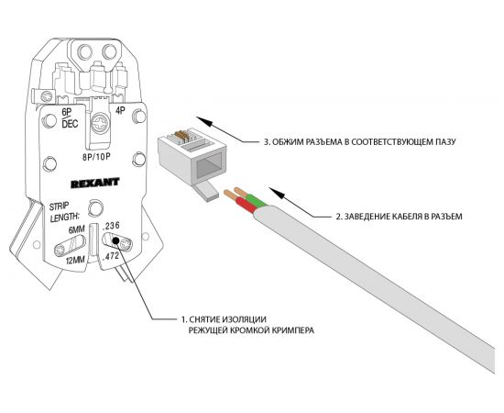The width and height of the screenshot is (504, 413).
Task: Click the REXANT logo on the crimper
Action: coord(94,183)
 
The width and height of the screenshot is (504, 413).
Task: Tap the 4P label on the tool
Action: coord(120,111)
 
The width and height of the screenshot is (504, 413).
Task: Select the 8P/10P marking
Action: coord(96,157)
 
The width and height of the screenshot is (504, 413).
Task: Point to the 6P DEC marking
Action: coord(70,118)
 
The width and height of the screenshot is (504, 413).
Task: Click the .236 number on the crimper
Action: coord(110,226)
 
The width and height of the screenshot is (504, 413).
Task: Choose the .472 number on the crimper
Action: coord(110,257)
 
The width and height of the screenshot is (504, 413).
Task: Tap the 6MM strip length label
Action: coord(76,229)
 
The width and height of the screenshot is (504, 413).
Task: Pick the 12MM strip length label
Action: coord(75,260)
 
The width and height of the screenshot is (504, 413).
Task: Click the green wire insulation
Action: coord(257,201)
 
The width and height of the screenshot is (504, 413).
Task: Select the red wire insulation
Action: coord(247,206)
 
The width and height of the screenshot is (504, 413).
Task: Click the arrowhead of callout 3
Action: coord(204,121)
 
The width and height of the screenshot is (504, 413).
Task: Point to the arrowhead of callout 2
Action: coord(277,192)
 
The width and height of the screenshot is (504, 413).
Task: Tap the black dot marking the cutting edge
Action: coord(115,240)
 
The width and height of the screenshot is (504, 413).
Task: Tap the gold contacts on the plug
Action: coord(180,136)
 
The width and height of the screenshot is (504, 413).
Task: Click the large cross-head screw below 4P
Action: coord(101,123)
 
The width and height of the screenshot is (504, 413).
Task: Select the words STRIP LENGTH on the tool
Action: coord(64,212)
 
